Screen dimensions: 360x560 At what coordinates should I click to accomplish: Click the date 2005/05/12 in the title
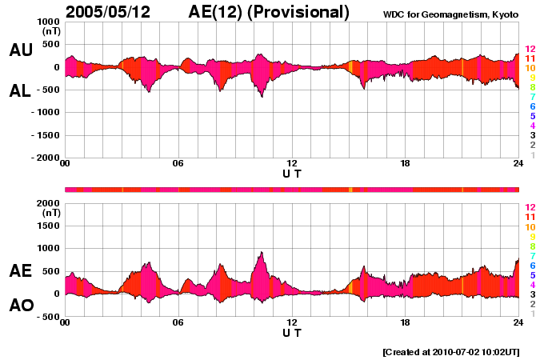pyautogui.click(x=118, y=12)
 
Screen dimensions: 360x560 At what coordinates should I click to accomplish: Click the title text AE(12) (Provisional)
pyautogui.click(x=269, y=12)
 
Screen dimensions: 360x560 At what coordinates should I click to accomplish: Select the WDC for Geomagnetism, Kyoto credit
pyautogui.click(x=450, y=14)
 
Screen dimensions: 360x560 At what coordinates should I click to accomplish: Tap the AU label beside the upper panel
pyautogui.click(x=21, y=50)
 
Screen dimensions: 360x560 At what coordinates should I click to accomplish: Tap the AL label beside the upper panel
pyautogui.click(x=21, y=91)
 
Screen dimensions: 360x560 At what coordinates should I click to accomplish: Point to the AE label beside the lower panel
pyautogui.click(x=21, y=271)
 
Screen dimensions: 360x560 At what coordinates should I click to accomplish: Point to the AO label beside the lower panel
pyautogui.click(x=21, y=305)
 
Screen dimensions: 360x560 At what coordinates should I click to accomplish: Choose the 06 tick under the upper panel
pyautogui.click(x=178, y=164)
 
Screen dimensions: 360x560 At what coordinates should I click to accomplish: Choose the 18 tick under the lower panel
pyautogui.click(x=405, y=322)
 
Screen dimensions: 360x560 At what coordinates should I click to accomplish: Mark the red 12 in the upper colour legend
pyautogui.click(x=529, y=49)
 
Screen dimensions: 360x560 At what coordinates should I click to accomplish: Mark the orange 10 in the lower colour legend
pyautogui.click(x=529, y=226)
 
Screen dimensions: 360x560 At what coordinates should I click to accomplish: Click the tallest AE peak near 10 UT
pyautogui.click(x=262, y=253)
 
